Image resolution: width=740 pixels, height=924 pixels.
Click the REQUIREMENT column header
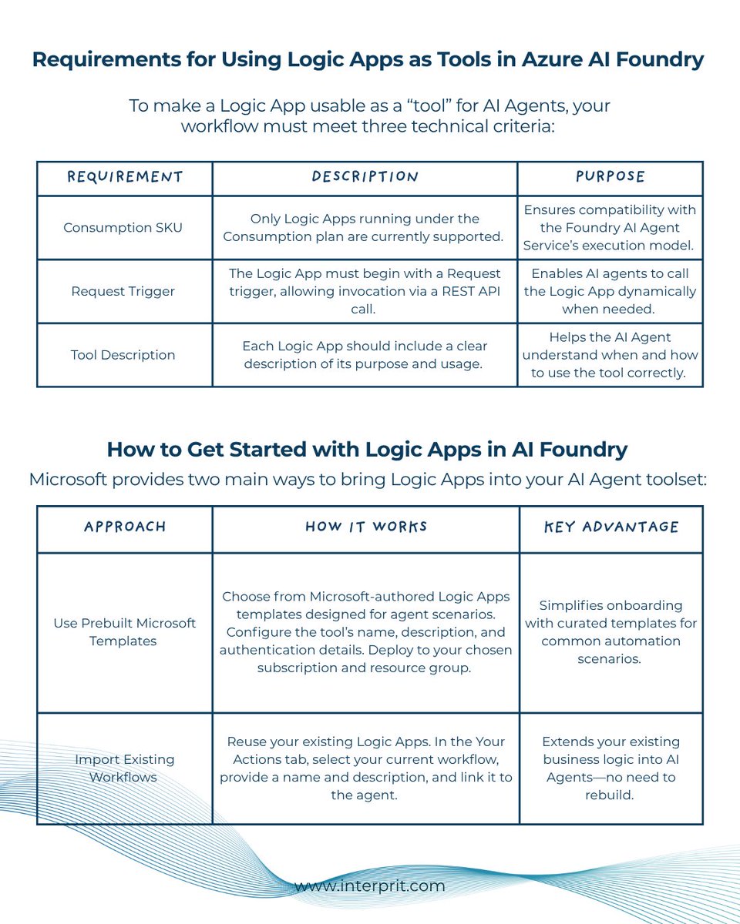pyautogui.click(x=124, y=177)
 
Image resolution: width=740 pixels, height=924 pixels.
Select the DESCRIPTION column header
pyautogui.click(x=365, y=177)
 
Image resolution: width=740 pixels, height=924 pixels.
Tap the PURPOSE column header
pyautogui.click(x=610, y=177)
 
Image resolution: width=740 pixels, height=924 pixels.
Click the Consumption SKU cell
pyautogui.click(x=123, y=228)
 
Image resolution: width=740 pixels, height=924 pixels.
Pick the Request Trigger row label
pyautogui.click(x=123, y=291)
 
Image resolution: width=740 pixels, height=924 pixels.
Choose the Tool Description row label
pyautogui.click(x=123, y=355)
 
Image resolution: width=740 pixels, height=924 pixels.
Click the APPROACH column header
pyautogui.click(x=124, y=527)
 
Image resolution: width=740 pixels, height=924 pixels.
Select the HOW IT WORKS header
pyautogui.click(x=366, y=527)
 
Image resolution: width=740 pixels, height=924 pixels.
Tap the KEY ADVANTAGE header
pyautogui.click(x=611, y=527)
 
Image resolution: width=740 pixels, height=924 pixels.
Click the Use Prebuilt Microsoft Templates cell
pyautogui.click(x=125, y=631)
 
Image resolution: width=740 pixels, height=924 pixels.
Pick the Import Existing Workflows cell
pyautogui.click(x=125, y=768)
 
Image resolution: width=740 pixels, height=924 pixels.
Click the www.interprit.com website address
pyautogui.click(x=370, y=885)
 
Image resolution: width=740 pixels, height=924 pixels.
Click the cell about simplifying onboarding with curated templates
pyautogui.click(x=610, y=631)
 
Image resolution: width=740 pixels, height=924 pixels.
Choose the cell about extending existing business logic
pyautogui.click(x=610, y=768)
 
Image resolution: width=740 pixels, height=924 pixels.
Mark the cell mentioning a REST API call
pyautogui.click(x=365, y=291)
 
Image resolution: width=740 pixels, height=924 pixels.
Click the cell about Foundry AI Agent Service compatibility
pyautogui.click(x=610, y=227)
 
